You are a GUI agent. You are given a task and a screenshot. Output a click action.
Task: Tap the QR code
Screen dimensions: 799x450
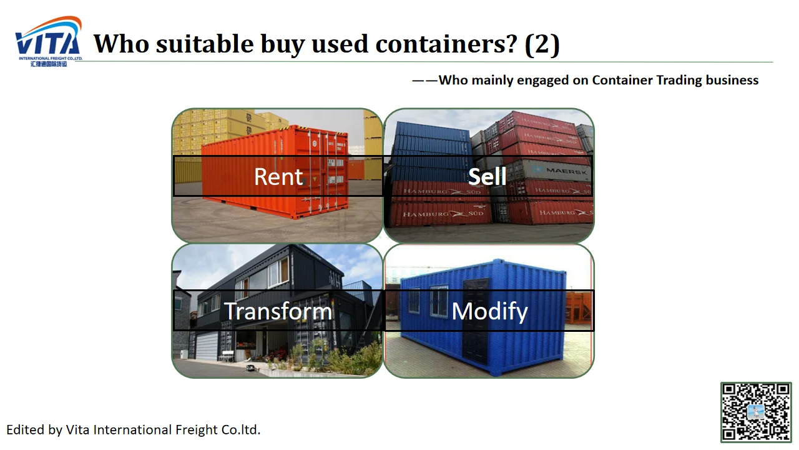(756, 412)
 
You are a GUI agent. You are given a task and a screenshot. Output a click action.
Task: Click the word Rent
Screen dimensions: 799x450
(278, 177)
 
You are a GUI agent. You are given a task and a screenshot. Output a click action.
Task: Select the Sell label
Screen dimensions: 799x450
(488, 177)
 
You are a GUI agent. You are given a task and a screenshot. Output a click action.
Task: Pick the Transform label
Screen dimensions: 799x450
(278, 311)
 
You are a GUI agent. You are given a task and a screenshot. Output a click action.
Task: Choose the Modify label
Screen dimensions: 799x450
(489, 311)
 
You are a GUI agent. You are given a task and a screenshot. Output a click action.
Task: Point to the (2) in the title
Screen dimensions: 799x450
(542, 44)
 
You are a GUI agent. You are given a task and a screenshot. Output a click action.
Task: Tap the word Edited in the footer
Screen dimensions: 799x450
(25, 429)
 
